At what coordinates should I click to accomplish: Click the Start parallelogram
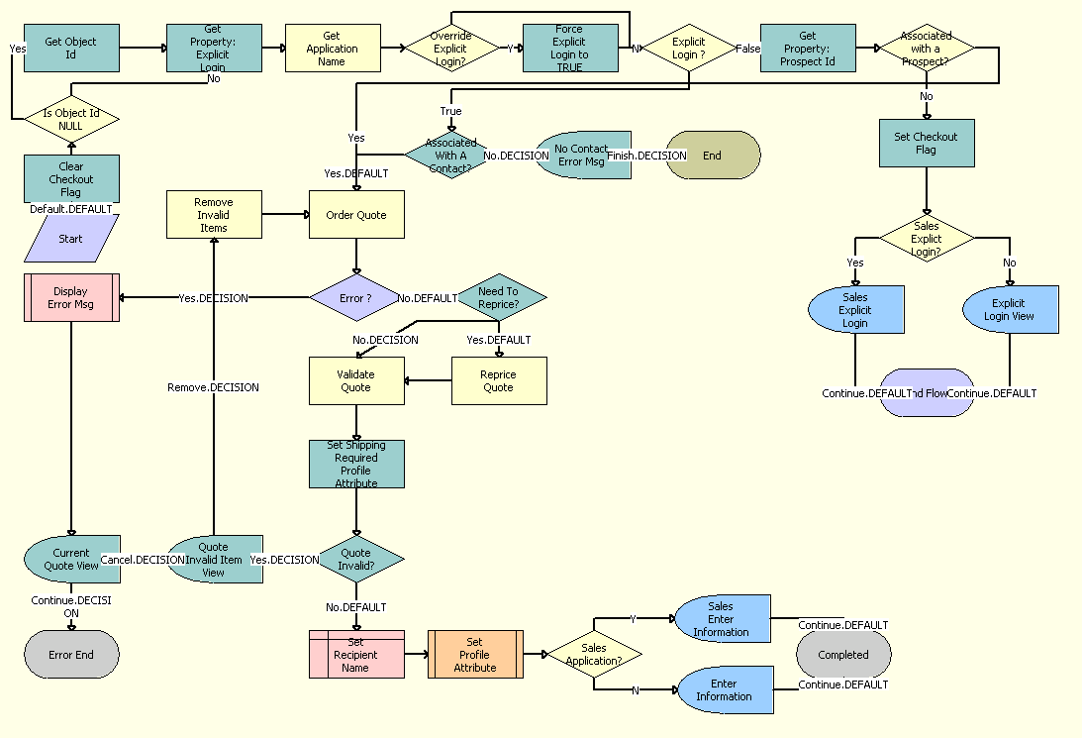point(71,239)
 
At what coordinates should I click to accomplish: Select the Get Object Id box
point(71,48)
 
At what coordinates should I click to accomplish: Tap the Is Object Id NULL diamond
point(71,119)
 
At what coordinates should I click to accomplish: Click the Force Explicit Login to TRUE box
point(569,48)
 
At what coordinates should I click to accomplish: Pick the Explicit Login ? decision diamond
point(689,48)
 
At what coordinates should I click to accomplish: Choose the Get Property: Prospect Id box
point(807,48)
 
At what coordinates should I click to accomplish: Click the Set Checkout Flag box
point(927,143)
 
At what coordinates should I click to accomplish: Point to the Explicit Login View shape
point(1010,309)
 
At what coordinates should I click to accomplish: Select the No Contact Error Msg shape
point(582,156)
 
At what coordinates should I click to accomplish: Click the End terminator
point(713,156)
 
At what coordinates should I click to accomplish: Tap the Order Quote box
point(356,215)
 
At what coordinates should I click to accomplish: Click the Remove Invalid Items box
point(214,215)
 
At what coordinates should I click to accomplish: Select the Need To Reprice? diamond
point(499,297)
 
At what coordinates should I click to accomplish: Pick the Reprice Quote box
point(499,381)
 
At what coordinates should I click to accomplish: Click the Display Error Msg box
point(71,297)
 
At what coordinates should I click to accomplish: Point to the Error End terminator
point(71,655)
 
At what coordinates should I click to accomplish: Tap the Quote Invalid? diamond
point(356,560)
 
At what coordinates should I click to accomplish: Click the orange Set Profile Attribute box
point(475,655)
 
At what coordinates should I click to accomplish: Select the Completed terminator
point(843,655)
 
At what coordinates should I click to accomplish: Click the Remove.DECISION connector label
point(213,387)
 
